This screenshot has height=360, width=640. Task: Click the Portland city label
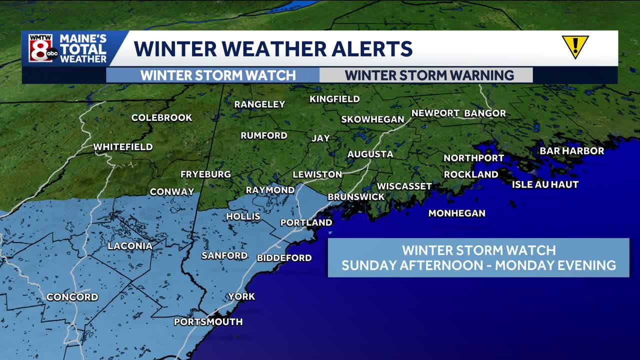pos(306,222)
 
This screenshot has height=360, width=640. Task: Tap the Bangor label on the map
pos(484,113)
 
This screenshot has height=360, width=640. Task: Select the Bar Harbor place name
pos(571,151)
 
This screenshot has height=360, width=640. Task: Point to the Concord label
pos(72,297)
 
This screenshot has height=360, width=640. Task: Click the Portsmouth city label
pos(208,322)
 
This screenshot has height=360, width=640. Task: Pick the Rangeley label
pos(259,104)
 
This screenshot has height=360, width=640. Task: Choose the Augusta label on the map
pos(370,154)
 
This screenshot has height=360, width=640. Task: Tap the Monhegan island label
pos(456,213)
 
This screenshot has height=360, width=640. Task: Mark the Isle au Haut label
pos(545,184)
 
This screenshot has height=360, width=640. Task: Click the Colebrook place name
pos(161,118)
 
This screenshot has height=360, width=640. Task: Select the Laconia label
pos(130,246)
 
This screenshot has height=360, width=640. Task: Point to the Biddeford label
pos(284,258)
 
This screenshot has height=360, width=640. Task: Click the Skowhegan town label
pos(372,119)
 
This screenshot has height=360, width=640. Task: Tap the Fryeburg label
pos(205,174)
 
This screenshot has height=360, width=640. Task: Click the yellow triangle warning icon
pos(575,46)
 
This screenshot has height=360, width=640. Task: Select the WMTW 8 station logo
pos(43,48)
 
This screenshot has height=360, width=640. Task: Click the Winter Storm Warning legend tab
pos(429,75)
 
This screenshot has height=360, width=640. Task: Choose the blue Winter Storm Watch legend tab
pos(218,75)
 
